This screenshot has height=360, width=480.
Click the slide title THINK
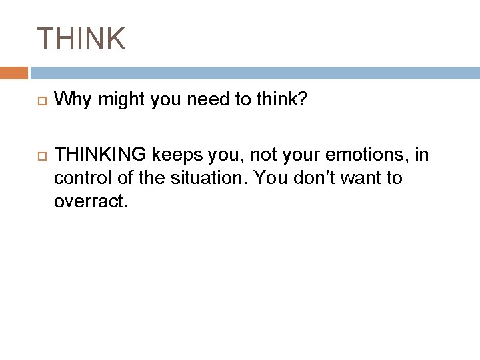click(81, 39)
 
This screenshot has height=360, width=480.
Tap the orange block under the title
click(14, 73)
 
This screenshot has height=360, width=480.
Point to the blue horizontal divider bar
click(253, 73)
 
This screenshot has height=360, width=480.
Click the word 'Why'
click(71, 100)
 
